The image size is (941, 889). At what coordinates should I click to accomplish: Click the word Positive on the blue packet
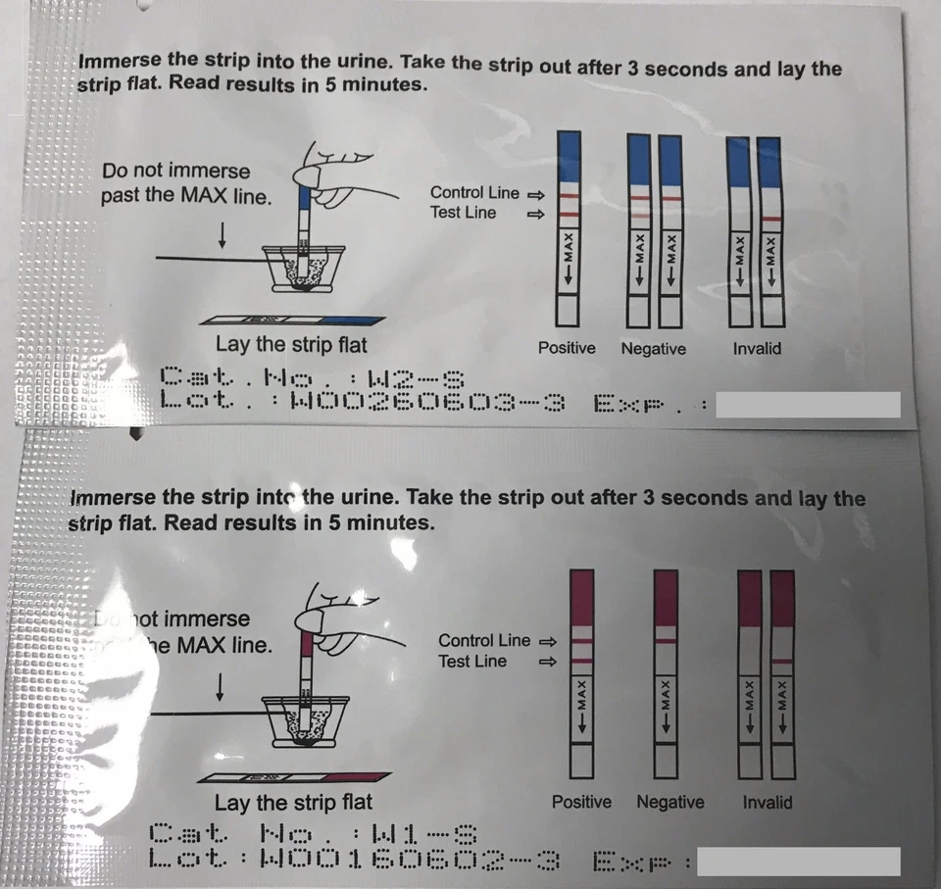point(567,348)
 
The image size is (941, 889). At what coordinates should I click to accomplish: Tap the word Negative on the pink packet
point(670,802)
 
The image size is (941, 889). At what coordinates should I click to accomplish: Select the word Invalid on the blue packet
point(757,348)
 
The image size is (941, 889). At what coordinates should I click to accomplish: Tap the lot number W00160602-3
point(412,860)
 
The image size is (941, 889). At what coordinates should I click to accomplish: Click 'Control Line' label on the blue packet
point(474,193)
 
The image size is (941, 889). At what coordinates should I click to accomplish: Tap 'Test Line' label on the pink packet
point(472,662)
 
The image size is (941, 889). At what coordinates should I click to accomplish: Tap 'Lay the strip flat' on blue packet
point(291,344)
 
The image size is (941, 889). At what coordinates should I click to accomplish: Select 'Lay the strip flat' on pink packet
point(293,803)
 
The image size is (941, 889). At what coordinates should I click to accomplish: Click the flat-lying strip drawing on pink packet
point(294,776)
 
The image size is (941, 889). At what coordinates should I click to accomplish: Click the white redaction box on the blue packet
point(808,405)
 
